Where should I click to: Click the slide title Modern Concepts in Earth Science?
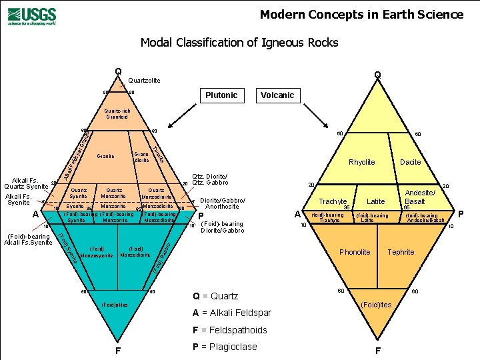coord(361,15)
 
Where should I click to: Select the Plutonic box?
coord(221,95)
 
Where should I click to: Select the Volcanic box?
coord(277,95)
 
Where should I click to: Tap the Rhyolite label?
coord(362,162)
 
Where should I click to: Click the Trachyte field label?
coord(332,201)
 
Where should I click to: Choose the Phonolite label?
coord(355,253)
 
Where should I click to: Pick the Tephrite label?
coord(401,253)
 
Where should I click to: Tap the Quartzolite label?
coord(144,81)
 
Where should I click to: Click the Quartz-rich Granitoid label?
coord(121,113)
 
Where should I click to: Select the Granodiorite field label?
coord(142,157)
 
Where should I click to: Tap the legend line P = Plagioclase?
coord(224,347)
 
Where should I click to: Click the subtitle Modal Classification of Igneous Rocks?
coord(239,43)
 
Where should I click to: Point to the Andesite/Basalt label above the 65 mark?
coord(420,197)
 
